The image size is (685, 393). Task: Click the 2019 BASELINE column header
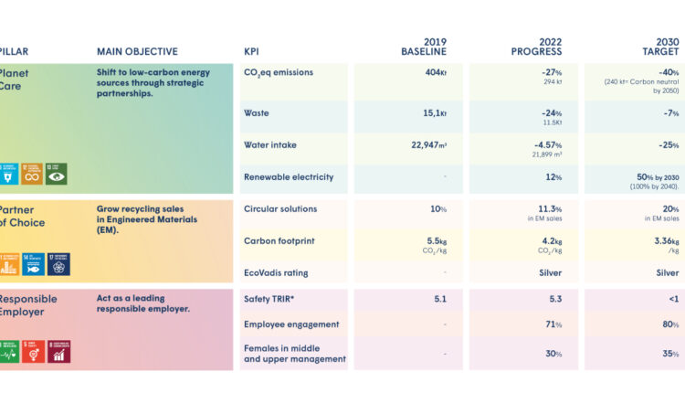(424, 47)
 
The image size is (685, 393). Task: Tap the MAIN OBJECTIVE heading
(137, 52)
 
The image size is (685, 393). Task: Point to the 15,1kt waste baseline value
(432, 113)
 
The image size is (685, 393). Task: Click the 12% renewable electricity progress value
(553, 176)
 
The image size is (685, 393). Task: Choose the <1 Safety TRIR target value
(671, 298)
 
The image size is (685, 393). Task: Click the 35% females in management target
(670, 354)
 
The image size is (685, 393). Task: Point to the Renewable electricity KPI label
(289, 176)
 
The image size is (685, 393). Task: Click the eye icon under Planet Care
(57, 173)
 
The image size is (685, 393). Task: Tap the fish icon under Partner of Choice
(34, 264)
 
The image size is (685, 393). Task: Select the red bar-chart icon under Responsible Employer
(58, 351)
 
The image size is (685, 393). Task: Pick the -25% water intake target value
(669, 144)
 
